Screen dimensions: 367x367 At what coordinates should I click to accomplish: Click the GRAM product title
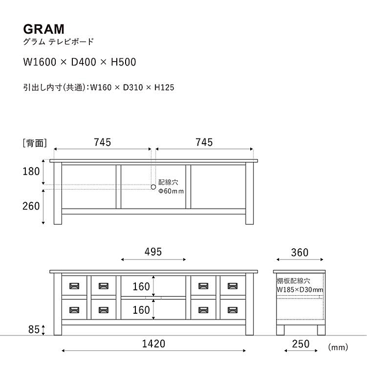(x=44, y=29)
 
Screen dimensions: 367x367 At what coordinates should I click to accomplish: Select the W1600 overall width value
(x=40, y=62)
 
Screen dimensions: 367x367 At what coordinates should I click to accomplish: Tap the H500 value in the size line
(x=124, y=62)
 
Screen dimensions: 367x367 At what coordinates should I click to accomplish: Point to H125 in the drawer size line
(x=164, y=87)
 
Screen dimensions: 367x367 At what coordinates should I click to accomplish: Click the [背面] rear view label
(x=35, y=143)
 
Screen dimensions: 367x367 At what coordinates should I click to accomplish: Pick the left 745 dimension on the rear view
(x=102, y=142)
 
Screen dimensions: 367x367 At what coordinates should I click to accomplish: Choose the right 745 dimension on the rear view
(x=204, y=142)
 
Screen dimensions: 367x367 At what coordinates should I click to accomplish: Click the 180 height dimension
(x=31, y=172)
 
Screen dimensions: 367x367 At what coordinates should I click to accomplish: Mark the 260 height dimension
(x=31, y=206)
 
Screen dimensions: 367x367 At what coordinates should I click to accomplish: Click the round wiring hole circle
(x=154, y=187)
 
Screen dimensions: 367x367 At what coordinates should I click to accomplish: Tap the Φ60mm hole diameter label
(x=171, y=191)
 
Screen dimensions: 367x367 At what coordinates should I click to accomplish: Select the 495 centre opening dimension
(x=153, y=252)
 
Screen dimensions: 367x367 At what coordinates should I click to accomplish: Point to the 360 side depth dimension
(x=300, y=253)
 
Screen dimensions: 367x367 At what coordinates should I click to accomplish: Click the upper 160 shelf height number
(x=141, y=287)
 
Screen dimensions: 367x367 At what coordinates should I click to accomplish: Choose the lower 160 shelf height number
(x=141, y=310)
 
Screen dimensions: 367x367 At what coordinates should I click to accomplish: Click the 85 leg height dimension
(x=34, y=330)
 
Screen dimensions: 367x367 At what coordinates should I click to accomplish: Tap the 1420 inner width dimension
(x=154, y=344)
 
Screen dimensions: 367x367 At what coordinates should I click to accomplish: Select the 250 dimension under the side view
(x=301, y=344)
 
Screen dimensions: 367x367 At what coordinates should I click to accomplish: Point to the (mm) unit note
(x=338, y=347)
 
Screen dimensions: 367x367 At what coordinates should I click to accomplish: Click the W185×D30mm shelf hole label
(x=300, y=290)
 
